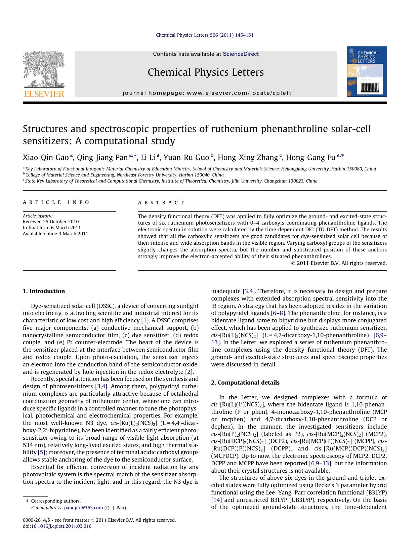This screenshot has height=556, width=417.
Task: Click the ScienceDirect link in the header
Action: pyautogui.click(x=241, y=54)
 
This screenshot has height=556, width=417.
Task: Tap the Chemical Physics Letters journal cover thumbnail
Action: pyautogui.click(x=367, y=72)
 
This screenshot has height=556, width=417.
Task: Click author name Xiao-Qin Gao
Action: pyautogui.click(x=46, y=157)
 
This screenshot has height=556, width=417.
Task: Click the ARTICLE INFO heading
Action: pyautogui.click(x=56, y=202)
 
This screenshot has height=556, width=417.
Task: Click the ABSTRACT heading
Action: pyautogui.click(x=161, y=203)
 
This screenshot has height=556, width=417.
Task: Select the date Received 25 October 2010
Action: pyautogui.click(x=51, y=222)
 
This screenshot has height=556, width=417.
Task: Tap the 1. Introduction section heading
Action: pyautogui.click(x=44, y=291)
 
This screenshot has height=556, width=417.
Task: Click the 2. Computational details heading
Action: pyautogui.click(x=245, y=383)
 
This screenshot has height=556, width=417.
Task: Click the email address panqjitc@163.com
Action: pyautogui.click(x=83, y=508)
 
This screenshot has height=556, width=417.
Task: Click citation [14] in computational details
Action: pyautogui.click(x=216, y=500)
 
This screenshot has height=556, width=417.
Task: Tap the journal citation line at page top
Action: pyautogui.click(x=205, y=35)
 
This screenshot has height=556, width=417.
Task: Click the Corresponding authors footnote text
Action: pyautogui.click(x=56, y=501)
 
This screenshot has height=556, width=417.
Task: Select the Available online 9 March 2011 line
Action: pyautogui.click(x=55, y=234)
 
